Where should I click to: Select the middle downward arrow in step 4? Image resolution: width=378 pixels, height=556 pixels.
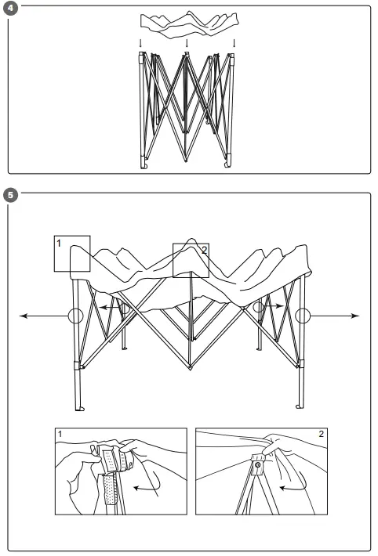pyautogui.click(x=187, y=43)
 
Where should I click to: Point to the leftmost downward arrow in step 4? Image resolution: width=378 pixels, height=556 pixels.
pyautogui.click(x=141, y=43)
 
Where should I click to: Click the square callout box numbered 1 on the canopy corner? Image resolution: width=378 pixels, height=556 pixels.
pyautogui.click(x=72, y=253)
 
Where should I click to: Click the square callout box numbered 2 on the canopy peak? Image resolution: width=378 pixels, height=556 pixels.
pyautogui.click(x=191, y=259)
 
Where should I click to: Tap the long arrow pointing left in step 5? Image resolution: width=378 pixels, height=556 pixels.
pyautogui.click(x=39, y=316)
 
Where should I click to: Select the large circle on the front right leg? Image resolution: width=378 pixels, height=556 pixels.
pyautogui.click(x=303, y=316)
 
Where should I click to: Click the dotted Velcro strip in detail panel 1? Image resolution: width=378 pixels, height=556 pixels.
pyautogui.click(x=110, y=490)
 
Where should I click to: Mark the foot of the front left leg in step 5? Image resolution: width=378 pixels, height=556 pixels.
pyautogui.click(x=78, y=408)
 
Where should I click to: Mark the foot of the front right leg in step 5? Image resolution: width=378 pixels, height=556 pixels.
pyautogui.click(x=298, y=405)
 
